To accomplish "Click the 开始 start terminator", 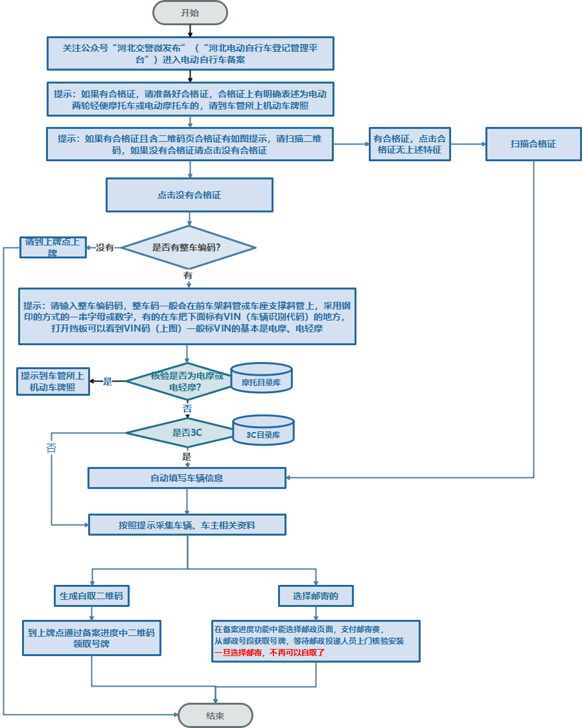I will pos(190,12).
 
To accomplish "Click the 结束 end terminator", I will pos(215,715).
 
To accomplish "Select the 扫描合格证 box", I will pos(533,144).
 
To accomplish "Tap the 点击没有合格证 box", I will pos(189,194).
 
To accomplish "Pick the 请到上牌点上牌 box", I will pos(52,247).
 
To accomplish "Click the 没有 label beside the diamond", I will pos(105,247).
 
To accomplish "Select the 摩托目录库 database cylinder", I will pos(261,379).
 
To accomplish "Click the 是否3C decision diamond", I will pos(178,432).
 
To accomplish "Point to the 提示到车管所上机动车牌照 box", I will pos(52,381).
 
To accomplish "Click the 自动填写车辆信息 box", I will pos(187,478).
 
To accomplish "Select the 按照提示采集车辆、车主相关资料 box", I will pos(187,525).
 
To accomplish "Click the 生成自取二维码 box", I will pos(91,595).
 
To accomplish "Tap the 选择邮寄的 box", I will pos(316,595).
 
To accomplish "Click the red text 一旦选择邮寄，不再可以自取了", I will pos(269,653).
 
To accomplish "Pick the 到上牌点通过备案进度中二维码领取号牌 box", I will pos(91,638).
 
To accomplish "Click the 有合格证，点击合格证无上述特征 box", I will pos(410,144).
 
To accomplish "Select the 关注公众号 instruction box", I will pos(190,53).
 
